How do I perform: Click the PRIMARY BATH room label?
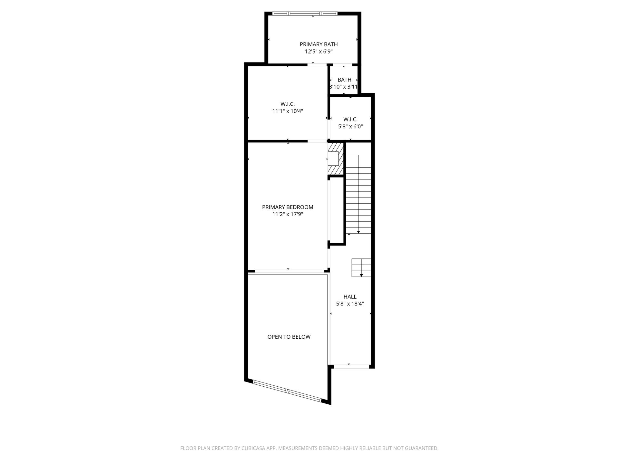[319, 44]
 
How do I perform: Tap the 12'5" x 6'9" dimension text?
[319, 51]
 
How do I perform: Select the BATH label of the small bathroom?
[344, 80]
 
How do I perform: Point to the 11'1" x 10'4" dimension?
[288, 111]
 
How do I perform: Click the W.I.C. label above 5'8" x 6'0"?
[350, 120]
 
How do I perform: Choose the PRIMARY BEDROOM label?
[288, 207]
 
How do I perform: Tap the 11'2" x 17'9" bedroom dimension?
[288, 214]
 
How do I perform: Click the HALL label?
[350, 297]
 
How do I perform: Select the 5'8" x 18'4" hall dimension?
[350, 304]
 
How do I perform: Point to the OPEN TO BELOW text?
[289, 337]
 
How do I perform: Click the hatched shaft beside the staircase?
[336, 159]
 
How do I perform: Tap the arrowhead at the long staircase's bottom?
[359, 232]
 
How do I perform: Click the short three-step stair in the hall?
[361, 268]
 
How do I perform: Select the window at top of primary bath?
[305, 14]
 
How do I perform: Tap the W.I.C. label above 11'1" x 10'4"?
[288, 104]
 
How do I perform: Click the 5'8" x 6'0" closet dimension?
[350, 127]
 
